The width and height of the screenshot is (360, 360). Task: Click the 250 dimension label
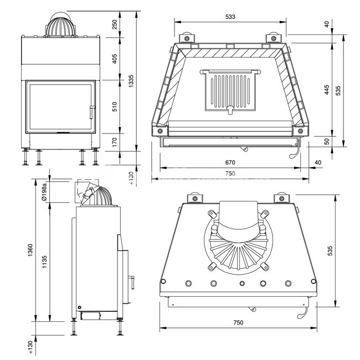(x=115, y=25)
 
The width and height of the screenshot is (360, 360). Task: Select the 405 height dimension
(x=115, y=60)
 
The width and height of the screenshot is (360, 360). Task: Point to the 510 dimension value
(x=115, y=107)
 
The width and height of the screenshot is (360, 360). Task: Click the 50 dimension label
(x=327, y=142)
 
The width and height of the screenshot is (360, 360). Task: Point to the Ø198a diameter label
(x=44, y=191)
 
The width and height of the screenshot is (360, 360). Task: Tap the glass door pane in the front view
(x=58, y=107)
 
